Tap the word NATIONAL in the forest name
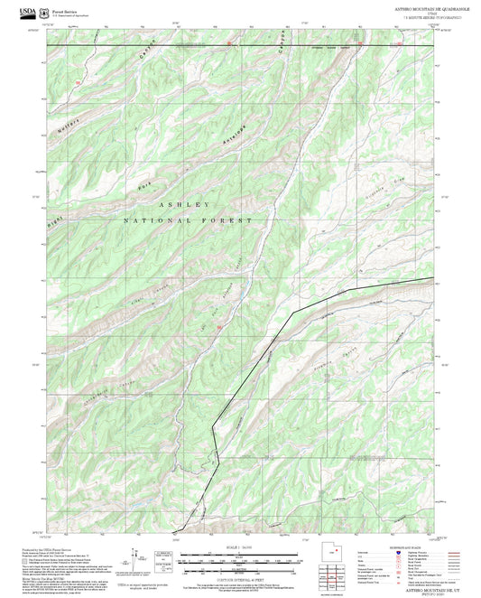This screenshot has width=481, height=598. click(156, 220)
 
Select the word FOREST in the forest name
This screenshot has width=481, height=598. click(231, 220)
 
